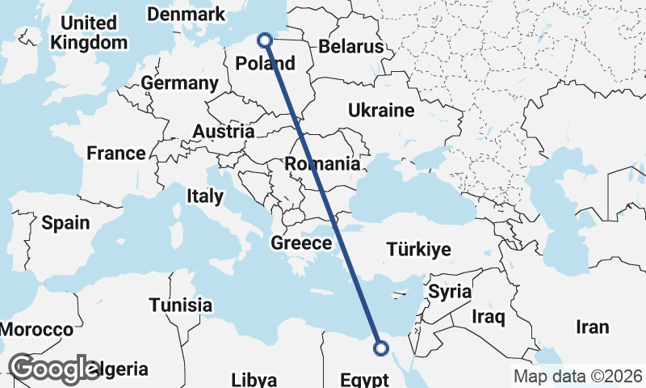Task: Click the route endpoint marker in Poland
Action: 265,39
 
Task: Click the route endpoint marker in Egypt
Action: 381,348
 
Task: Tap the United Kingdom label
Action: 89,32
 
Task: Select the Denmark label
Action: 186,15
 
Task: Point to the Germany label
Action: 179,83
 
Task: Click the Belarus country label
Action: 350,47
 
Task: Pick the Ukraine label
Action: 381,110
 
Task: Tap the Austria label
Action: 224,131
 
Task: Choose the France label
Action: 116,153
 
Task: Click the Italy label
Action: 204,196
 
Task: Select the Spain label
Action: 65,222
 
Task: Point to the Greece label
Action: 301,242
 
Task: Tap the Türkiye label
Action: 418,249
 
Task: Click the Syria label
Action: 449,291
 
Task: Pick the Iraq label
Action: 489,316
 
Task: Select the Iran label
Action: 592,327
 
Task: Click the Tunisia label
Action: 181,305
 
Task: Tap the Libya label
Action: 254,380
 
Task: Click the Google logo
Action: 54,369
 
